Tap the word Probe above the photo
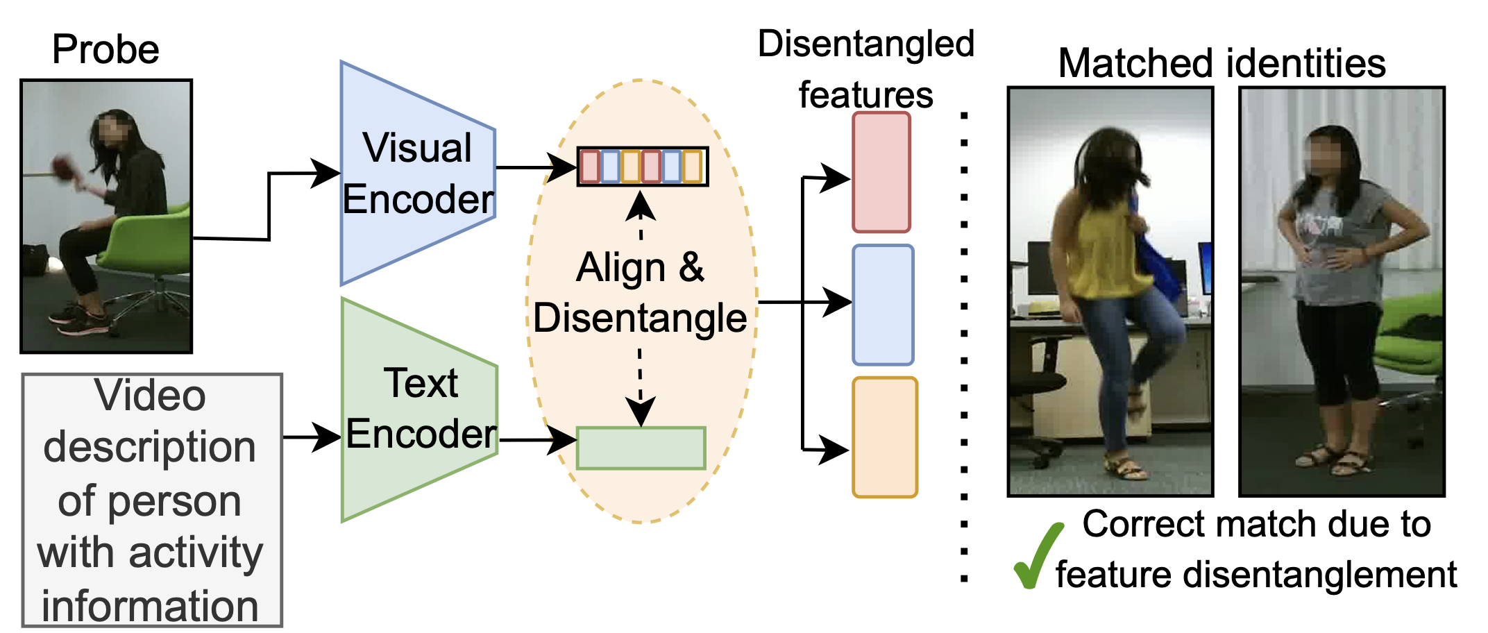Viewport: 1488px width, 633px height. click(105, 50)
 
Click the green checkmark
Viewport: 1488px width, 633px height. click(1037, 555)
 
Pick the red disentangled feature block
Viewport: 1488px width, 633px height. click(881, 172)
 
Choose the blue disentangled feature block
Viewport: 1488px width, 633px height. click(882, 305)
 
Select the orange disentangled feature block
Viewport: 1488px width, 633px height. click(884, 437)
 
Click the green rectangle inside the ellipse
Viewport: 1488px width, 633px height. click(641, 448)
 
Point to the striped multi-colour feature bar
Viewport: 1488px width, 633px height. click(643, 167)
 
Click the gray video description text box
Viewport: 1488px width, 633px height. click(151, 500)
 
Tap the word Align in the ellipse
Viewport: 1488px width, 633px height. click(621, 268)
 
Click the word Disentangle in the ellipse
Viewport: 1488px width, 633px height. click(640, 319)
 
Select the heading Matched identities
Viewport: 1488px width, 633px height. click(1221, 63)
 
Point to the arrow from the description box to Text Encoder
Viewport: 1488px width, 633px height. click(312, 437)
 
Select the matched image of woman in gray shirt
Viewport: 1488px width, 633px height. click(1342, 292)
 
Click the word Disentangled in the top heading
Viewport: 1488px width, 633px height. click(865, 44)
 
